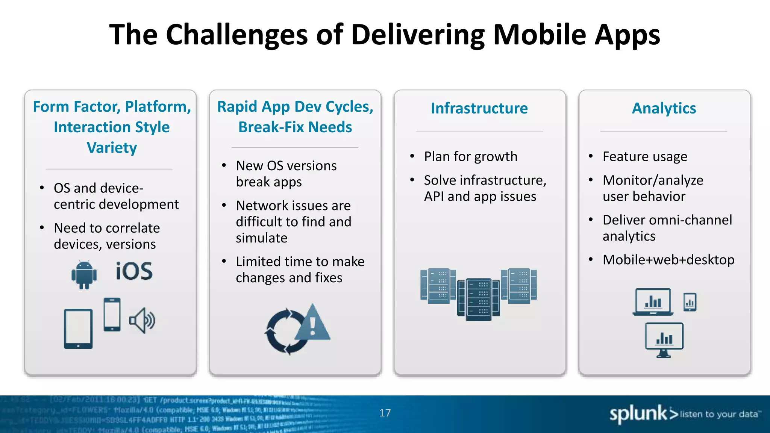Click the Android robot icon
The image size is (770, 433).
click(84, 274)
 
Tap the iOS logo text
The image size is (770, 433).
click(134, 271)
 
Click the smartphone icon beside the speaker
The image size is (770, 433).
click(112, 315)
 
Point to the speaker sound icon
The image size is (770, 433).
click(142, 321)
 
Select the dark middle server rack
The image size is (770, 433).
click(478, 300)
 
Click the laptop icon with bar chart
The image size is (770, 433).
click(653, 302)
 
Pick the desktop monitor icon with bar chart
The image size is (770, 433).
click(664, 339)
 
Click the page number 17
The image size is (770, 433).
click(385, 413)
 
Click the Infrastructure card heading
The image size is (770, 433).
click(479, 108)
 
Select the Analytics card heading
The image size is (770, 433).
click(664, 108)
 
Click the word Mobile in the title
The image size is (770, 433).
click(540, 35)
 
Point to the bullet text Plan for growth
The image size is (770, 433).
click(471, 156)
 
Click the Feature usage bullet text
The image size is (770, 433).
click(645, 156)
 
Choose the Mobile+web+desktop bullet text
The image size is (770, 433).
click(668, 260)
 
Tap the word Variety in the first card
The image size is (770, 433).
click(112, 148)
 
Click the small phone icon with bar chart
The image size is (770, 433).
click(690, 302)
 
